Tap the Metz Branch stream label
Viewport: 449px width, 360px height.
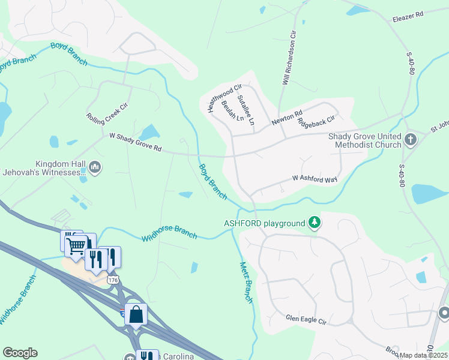point(247,283)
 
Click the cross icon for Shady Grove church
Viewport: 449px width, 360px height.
point(411,140)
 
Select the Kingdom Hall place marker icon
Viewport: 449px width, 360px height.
point(94,166)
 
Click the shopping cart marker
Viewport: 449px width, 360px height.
point(77,245)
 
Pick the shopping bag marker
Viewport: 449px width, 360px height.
point(136,314)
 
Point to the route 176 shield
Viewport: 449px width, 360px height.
point(113,280)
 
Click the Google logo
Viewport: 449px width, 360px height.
point(20,353)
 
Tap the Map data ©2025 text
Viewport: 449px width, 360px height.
point(424,355)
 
